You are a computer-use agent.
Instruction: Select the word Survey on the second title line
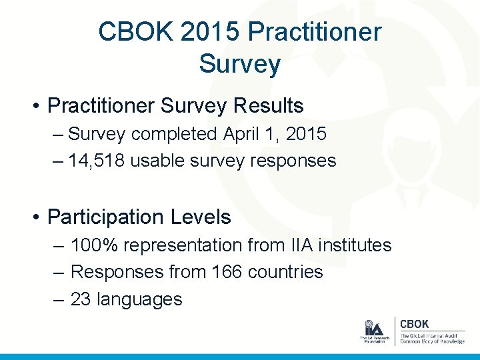[x=239, y=65]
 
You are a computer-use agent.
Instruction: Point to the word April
[x=241, y=134]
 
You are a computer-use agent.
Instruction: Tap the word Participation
[x=105, y=217]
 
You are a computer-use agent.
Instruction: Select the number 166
[x=227, y=273]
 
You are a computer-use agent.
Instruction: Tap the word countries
[x=285, y=273]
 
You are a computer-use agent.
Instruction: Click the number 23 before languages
[x=81, y=299]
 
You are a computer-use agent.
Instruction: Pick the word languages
[x=139, y=299]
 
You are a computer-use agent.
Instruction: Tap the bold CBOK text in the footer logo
[x=414, y=324]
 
